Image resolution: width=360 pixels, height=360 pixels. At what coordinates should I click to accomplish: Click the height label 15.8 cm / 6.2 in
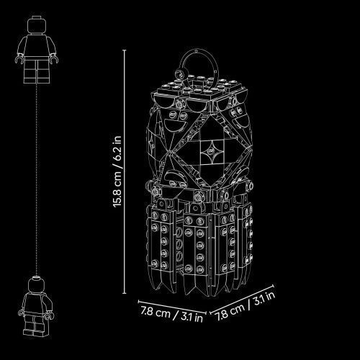tap(117, 171)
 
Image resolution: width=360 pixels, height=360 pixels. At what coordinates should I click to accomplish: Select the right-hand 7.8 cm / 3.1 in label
tap(246, 306)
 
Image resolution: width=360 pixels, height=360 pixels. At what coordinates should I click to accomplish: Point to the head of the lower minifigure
tap(36, 284)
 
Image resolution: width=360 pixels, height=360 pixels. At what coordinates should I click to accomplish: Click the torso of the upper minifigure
tap(37, 45)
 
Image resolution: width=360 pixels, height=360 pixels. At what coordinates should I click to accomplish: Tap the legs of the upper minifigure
tap(37, 70)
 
